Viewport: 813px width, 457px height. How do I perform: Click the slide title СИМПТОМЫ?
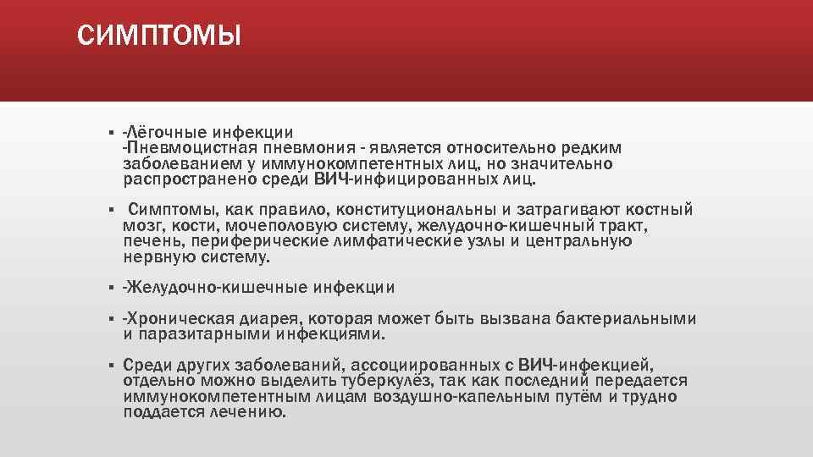[x=158, y=36]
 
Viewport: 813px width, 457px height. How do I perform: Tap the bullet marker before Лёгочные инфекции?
[x=112, y=134]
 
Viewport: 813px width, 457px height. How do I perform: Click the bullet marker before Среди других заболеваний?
[x=112, y=366]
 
